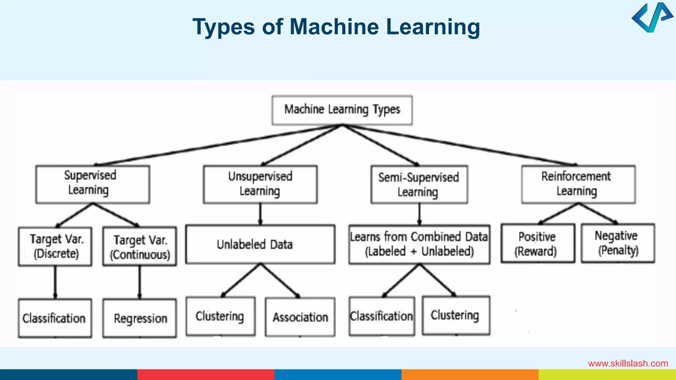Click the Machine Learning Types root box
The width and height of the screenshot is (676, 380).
(342, 110)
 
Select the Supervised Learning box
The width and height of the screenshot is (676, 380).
(92, 184)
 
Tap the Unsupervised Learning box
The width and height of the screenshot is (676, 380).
(260, 184)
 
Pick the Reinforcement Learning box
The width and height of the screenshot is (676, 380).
(578, 184)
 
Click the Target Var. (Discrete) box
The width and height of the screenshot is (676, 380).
(55, 246)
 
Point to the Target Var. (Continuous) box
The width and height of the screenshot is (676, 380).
(139, 246)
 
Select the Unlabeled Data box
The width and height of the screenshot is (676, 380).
(260, 244)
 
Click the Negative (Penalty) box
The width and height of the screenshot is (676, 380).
(618, 243)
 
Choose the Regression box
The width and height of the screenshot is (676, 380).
(139, 318)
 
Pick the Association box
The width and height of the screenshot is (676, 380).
(300, 317)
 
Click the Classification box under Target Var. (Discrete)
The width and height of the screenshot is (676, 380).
(55, 318)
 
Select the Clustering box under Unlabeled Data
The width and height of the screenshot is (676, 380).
(220, 316)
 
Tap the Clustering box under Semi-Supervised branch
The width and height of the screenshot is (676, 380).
(456, 315)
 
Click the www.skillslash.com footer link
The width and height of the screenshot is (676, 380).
(628, 364)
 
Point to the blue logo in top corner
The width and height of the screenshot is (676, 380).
(652, 18)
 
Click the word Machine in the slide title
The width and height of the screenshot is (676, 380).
(334, 27)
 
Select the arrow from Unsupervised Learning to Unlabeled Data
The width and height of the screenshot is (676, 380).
(260, 214)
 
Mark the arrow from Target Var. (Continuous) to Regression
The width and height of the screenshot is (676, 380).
(140, 282)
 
